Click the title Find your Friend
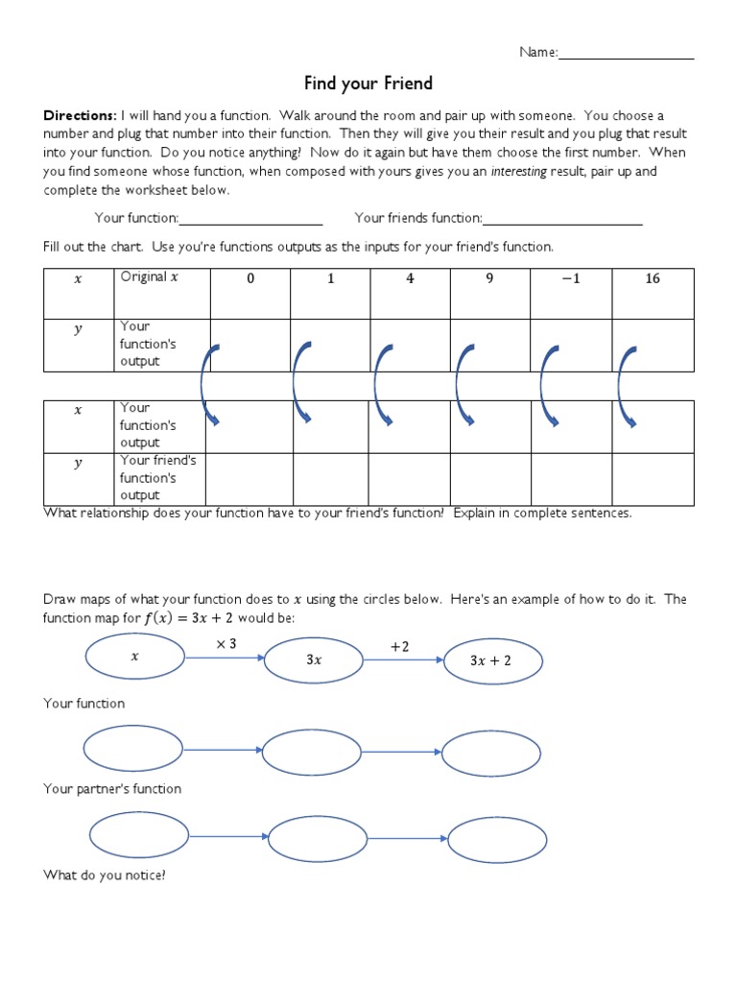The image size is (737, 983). (368, 84)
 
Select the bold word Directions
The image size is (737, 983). (79, 116)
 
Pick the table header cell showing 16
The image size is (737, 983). (653, 279)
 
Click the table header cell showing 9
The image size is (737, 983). (489, 279)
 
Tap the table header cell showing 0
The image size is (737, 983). (250, 279)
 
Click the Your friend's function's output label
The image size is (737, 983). (157, 478)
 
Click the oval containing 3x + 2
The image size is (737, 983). (492, 660)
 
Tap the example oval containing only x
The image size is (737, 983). (135, 658)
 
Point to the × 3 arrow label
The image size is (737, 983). (226, 644)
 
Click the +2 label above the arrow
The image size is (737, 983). (399, 647)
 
